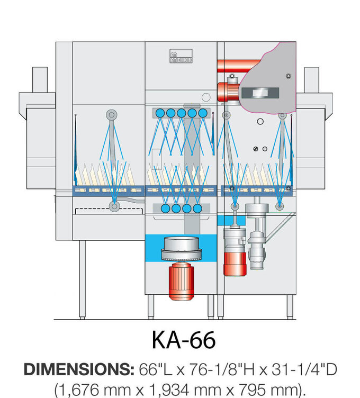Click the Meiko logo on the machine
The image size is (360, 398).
[181, 57]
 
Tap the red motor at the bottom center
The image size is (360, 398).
[181, 282]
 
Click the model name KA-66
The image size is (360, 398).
[184, 340]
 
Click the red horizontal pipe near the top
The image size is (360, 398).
[233, 67]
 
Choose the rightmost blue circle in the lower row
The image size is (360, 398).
[197, 209]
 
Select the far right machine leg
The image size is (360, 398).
[290, 306]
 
